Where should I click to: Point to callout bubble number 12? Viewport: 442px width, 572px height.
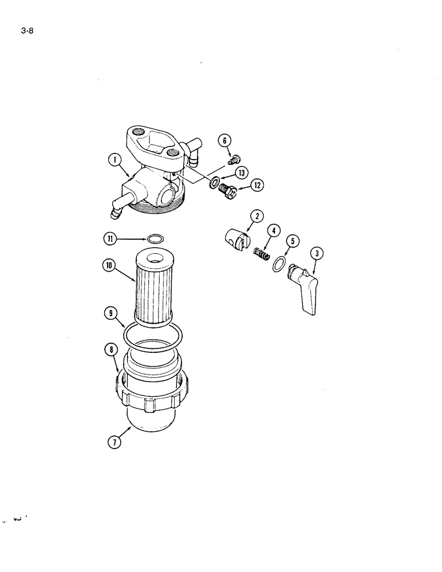pos(256,185)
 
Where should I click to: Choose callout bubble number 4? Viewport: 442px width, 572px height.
pos(274,231)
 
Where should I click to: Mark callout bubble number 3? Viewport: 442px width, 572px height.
pos(315,253)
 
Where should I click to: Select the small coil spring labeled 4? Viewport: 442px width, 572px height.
pos(262,252)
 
